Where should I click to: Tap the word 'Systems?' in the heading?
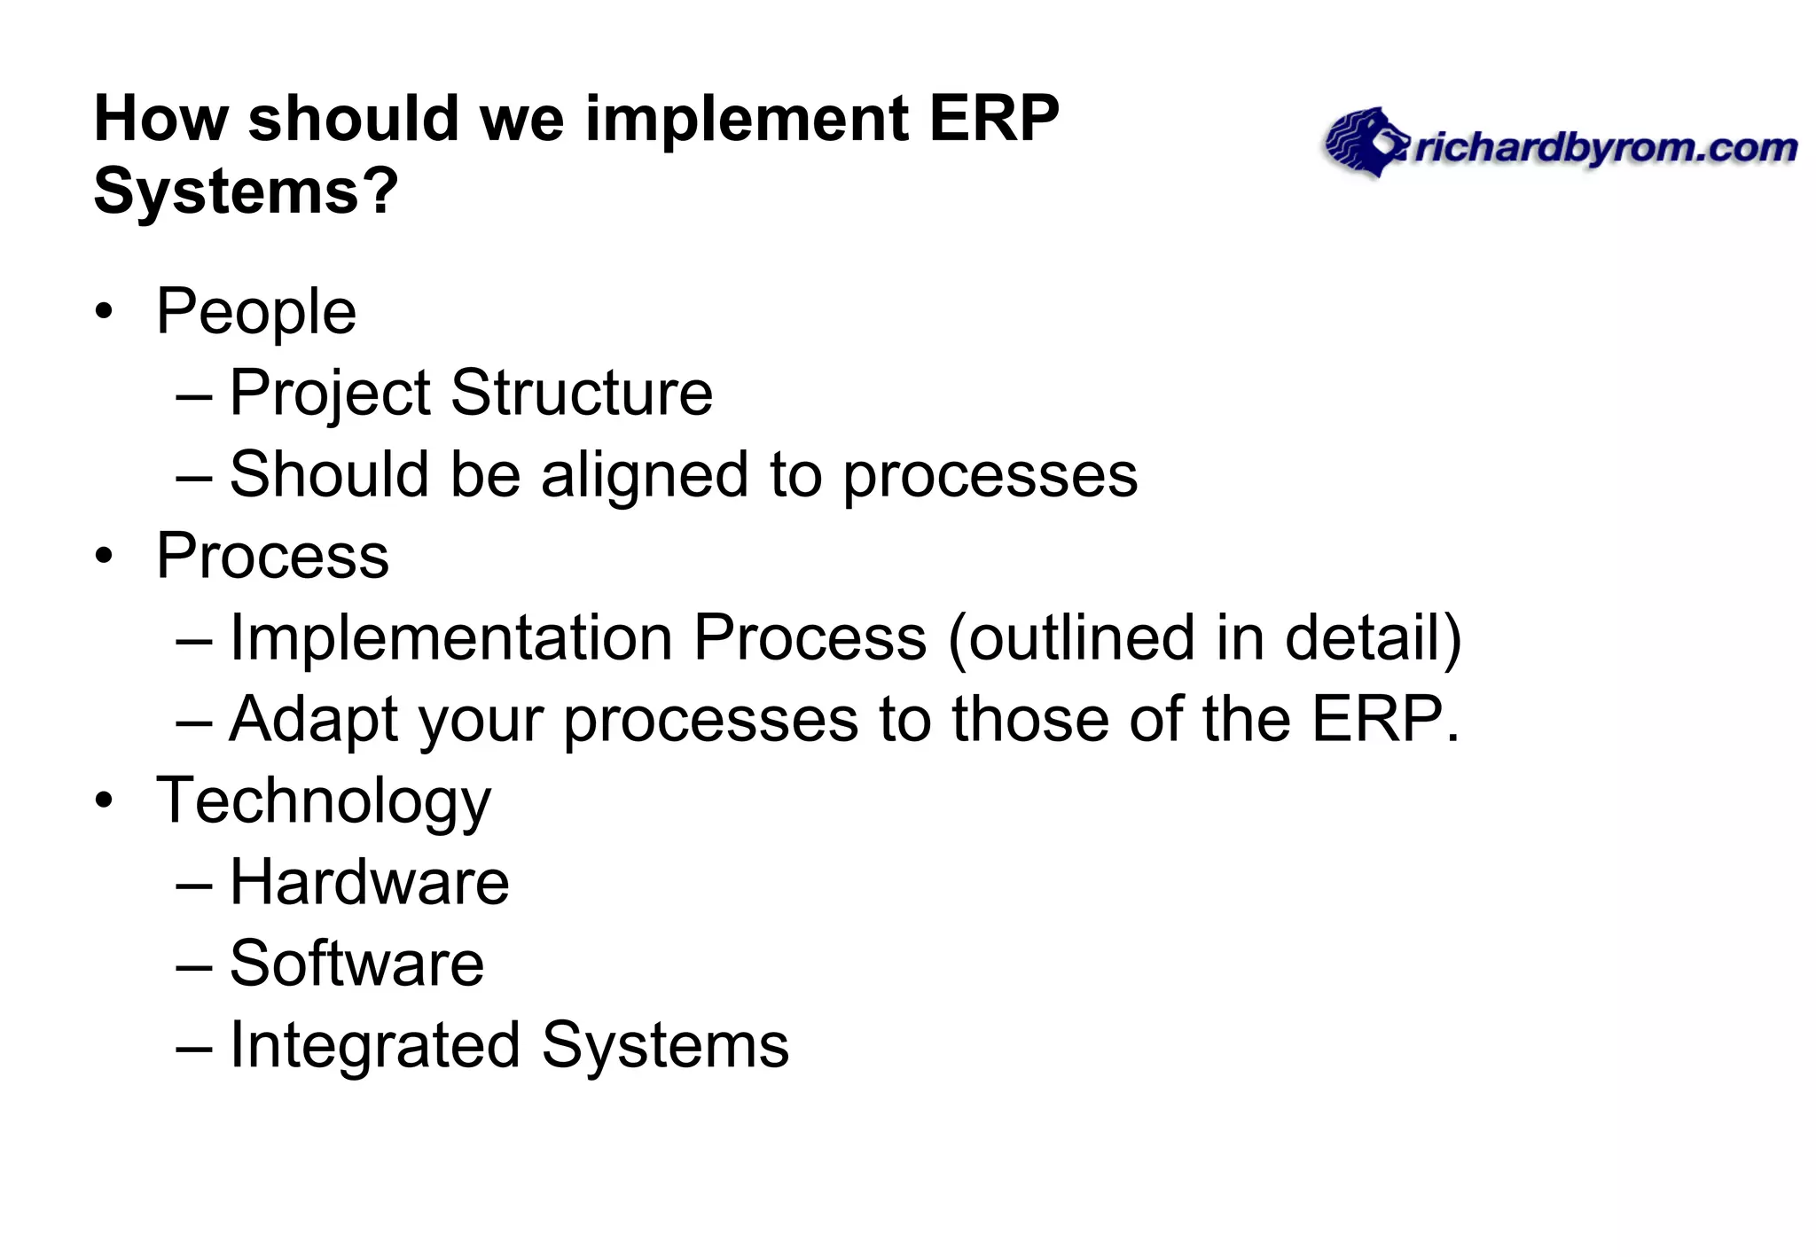(246, 191)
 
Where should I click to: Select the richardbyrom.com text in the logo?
(1605, 148)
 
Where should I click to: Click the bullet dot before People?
(105, 312)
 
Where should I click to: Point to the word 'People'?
(256, 312)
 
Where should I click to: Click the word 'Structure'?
(581, 393)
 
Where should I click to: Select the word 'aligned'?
(645, 474)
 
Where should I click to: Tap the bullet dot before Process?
(105, 557)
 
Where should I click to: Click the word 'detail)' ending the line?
(1372, 637)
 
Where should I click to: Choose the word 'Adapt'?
(313, 719)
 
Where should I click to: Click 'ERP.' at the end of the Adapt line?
(1384, 719)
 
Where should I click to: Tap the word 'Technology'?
(323, 800)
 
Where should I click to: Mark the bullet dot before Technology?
(105, 800)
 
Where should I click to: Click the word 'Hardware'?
(369, 882)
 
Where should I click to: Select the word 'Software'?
(356, 964)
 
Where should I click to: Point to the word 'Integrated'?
(374, 1045)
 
